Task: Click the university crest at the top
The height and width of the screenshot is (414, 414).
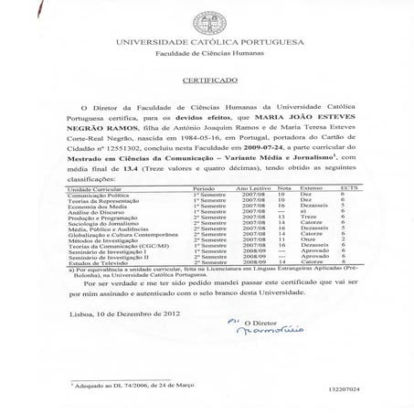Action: pos(207,20)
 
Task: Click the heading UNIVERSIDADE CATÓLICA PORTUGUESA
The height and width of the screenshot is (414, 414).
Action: pos(207,43)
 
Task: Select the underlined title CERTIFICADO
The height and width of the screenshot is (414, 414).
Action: pos(207,80)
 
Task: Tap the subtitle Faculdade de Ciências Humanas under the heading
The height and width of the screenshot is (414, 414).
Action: pos(207,54)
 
